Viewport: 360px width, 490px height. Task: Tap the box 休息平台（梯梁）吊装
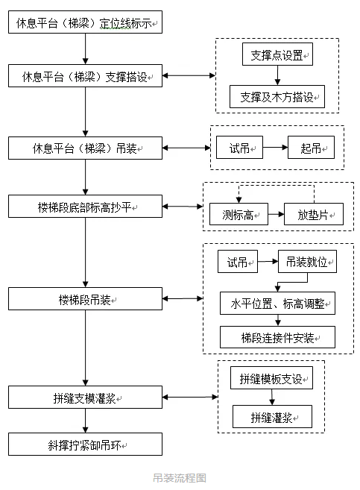click(x=85, y=148)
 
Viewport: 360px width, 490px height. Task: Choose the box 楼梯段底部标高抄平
click(x=85, y=206)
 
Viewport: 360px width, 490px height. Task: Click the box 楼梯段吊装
click(x=85, y=298)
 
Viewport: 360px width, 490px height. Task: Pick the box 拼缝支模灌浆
click(x=85, y=398)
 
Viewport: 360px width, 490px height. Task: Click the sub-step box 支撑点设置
click(x=277, y=54)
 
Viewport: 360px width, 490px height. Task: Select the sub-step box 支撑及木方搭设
click(x=277, y=96)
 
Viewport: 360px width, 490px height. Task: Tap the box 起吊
click(x=312, y=148)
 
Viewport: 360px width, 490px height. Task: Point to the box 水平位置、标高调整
click(x=277, y=304)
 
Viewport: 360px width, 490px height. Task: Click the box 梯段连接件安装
click(x=277, y=337)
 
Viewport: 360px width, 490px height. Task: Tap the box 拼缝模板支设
click(x=271, y=378)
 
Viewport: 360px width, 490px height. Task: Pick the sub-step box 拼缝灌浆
click(x=271, y=416)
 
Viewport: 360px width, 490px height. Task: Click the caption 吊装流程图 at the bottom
click(x=179, y=477)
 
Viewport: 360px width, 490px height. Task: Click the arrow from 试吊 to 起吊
click(x=275, y=148)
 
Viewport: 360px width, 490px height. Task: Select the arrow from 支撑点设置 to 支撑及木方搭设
click(x=277, y=75)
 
